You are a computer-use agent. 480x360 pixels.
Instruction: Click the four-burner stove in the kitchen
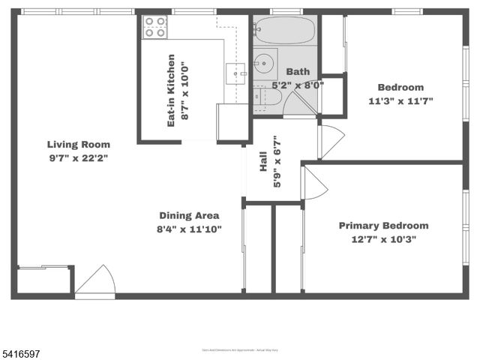[155, 27]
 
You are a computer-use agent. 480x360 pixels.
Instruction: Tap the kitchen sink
[237, 74]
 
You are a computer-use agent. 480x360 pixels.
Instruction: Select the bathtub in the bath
[284, 31]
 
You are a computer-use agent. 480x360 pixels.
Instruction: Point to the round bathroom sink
[263, 63]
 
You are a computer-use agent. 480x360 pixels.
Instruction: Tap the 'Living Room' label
[79, 145]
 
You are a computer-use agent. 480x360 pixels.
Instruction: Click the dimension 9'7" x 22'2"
[79, 158]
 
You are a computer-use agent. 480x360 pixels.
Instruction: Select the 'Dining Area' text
[188, 215]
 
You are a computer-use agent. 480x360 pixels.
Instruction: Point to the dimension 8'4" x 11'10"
[189, 229]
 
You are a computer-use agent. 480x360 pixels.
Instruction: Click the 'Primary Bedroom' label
[383, 226]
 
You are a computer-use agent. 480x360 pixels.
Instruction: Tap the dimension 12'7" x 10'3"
[383, 240]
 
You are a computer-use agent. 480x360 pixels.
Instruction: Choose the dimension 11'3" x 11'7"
[400, 101]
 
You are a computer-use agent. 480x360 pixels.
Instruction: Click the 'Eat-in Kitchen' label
[171, 89]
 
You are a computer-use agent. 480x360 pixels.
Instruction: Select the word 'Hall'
[264, 164]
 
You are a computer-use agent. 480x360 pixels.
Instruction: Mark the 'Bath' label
[298, 72]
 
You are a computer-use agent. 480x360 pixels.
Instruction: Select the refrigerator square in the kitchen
[232, 121]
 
